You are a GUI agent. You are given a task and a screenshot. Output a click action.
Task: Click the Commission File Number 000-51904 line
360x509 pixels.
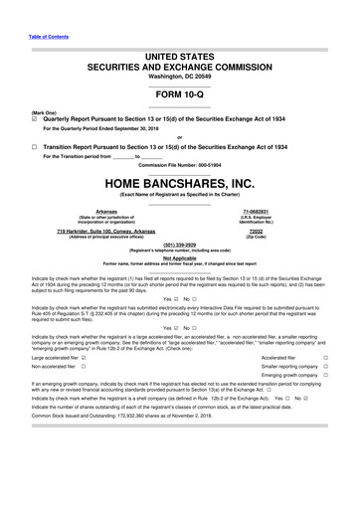pyautogui.click(x=179, y=164)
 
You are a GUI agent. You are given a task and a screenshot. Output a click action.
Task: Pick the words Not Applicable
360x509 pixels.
pyautogui.click(x=179, y=257)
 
